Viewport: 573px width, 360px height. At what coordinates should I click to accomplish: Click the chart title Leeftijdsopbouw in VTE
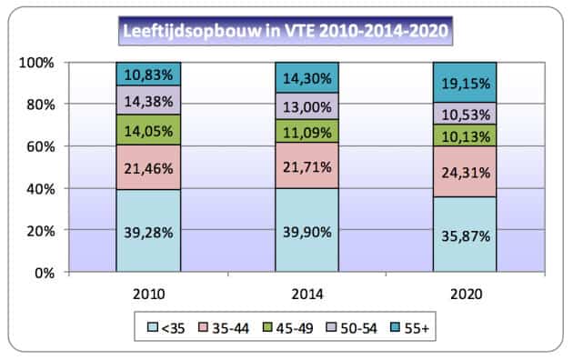tap(287, 33)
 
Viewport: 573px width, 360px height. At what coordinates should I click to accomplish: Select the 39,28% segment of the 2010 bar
tap(148, 230)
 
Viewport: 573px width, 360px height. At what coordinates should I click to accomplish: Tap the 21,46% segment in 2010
tap(148, 166)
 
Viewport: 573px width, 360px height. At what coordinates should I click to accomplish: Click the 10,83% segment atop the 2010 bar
tap(148, 74)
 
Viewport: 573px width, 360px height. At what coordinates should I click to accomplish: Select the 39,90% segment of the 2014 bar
tap(307, 229)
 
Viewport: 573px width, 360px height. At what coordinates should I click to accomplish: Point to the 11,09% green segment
tap(307, 131)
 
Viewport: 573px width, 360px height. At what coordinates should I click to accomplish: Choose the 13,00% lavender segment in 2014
tap(307, 105)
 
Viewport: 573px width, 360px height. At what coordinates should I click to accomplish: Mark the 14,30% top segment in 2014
tap(307, 77)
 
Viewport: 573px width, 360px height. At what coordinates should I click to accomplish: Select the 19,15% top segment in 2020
tap(465, 82)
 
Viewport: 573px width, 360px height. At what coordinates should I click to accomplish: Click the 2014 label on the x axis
tap(307, 294)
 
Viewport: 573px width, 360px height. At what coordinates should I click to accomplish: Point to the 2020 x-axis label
tap(465, 294)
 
